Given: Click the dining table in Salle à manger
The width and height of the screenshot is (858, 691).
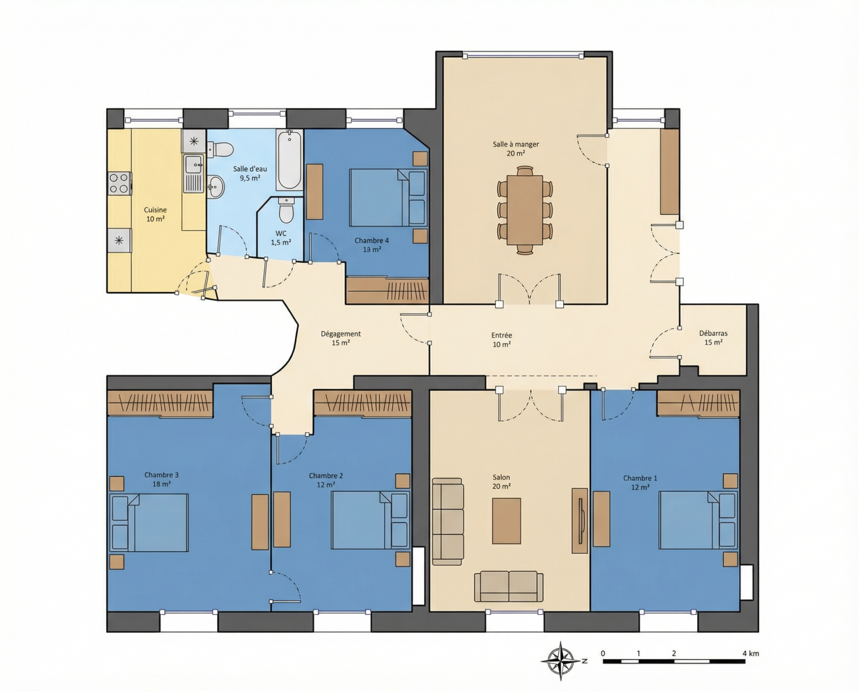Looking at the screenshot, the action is (524, 210).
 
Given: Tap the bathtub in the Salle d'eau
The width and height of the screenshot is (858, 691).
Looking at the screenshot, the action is (290, 160).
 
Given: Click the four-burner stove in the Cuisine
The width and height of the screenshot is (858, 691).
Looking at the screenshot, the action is (119, 183).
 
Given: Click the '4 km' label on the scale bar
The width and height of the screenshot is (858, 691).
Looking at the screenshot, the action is (750, 653).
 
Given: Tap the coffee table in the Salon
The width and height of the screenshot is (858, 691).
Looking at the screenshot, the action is (506, 520).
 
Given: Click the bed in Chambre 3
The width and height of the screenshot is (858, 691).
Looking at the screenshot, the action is (149, 523).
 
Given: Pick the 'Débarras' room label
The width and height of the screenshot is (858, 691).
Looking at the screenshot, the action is (713, 333).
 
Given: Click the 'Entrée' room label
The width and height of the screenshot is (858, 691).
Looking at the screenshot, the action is (501, 335).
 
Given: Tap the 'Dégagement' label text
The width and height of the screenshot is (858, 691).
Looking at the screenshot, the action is (341, 334).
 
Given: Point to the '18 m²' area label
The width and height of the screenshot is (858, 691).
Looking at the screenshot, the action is (161, 484).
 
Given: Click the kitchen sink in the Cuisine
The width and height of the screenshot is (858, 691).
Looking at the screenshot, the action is (194, 173).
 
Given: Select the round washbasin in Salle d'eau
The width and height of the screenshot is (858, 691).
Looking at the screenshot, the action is (216, 186).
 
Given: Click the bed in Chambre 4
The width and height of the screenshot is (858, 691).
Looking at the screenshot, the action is (388, 197).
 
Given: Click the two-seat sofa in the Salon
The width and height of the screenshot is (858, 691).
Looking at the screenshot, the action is (508, 586).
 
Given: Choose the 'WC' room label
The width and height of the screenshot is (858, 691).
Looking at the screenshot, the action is (280, 233).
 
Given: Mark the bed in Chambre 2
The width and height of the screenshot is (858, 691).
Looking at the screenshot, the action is (371, 520).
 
